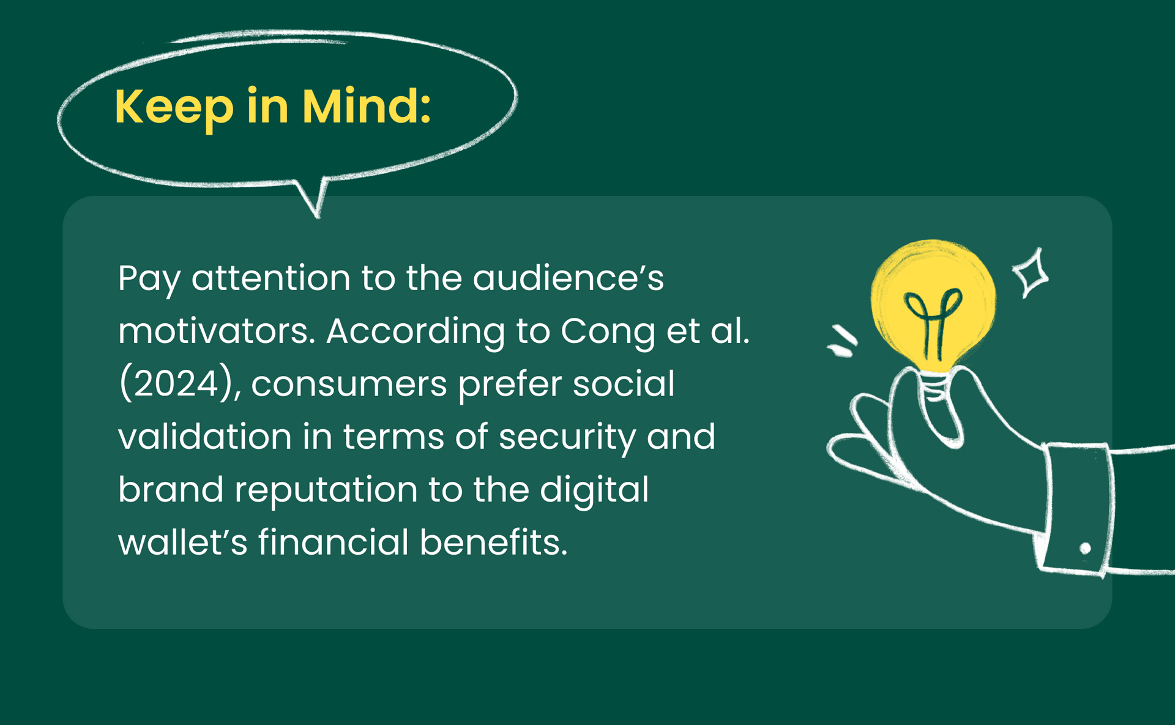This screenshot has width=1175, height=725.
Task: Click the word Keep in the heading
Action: click(174, 107)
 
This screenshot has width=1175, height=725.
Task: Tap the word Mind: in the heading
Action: click(366, 107)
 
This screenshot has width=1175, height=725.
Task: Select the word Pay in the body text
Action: click(149, 279)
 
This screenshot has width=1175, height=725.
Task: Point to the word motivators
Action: click(217, 331)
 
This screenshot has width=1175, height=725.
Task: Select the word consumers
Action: click(349, 385)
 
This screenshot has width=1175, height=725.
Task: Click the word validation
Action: click(204, 437)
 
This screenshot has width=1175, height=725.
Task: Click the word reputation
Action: click(326, 490)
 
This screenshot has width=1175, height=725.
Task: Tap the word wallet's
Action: click(182, 543)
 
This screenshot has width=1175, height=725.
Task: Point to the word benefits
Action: click(494, 543)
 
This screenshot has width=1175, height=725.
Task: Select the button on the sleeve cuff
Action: click(1085, 548)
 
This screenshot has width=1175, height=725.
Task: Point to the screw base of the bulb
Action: click(934, 386)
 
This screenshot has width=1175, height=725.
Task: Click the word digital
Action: click(594, 490)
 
